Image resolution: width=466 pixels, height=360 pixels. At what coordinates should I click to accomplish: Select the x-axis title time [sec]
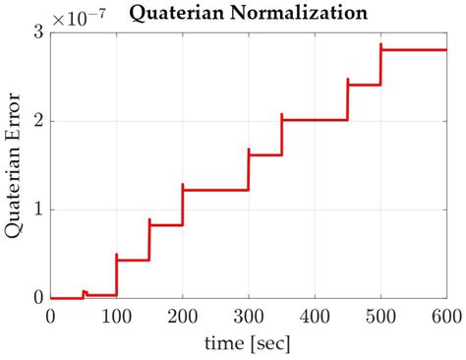(x=248, y=345)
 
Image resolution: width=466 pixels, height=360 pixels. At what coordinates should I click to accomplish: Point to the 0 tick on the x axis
(x=50, y=317)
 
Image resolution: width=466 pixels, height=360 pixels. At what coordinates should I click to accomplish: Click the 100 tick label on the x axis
(x=116, y=317)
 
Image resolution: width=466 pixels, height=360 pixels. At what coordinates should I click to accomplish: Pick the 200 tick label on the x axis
(x=182, y=317)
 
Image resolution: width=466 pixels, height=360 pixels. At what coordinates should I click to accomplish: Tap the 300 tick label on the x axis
(x=248, y=317)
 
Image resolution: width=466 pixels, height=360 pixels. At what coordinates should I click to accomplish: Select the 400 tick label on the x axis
(x=314, y=317)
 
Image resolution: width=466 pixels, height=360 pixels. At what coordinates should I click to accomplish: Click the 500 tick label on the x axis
(x=379, y=317)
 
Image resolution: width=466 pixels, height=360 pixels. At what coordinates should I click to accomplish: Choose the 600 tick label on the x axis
(x=444, y=317)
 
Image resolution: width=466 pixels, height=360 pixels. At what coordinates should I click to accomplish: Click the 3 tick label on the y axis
(x=37, y=32)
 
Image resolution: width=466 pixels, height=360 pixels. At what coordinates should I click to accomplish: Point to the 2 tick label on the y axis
(x=37, y=121)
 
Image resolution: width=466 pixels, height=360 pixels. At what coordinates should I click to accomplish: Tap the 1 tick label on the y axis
(x=37, y=210)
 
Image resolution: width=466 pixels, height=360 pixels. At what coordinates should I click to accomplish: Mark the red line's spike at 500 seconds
(x=380, y=44)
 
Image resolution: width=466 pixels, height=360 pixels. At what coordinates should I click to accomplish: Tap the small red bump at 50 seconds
(x=84, y=292)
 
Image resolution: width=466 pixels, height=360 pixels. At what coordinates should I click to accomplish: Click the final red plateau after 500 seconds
(x=413, y=49)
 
